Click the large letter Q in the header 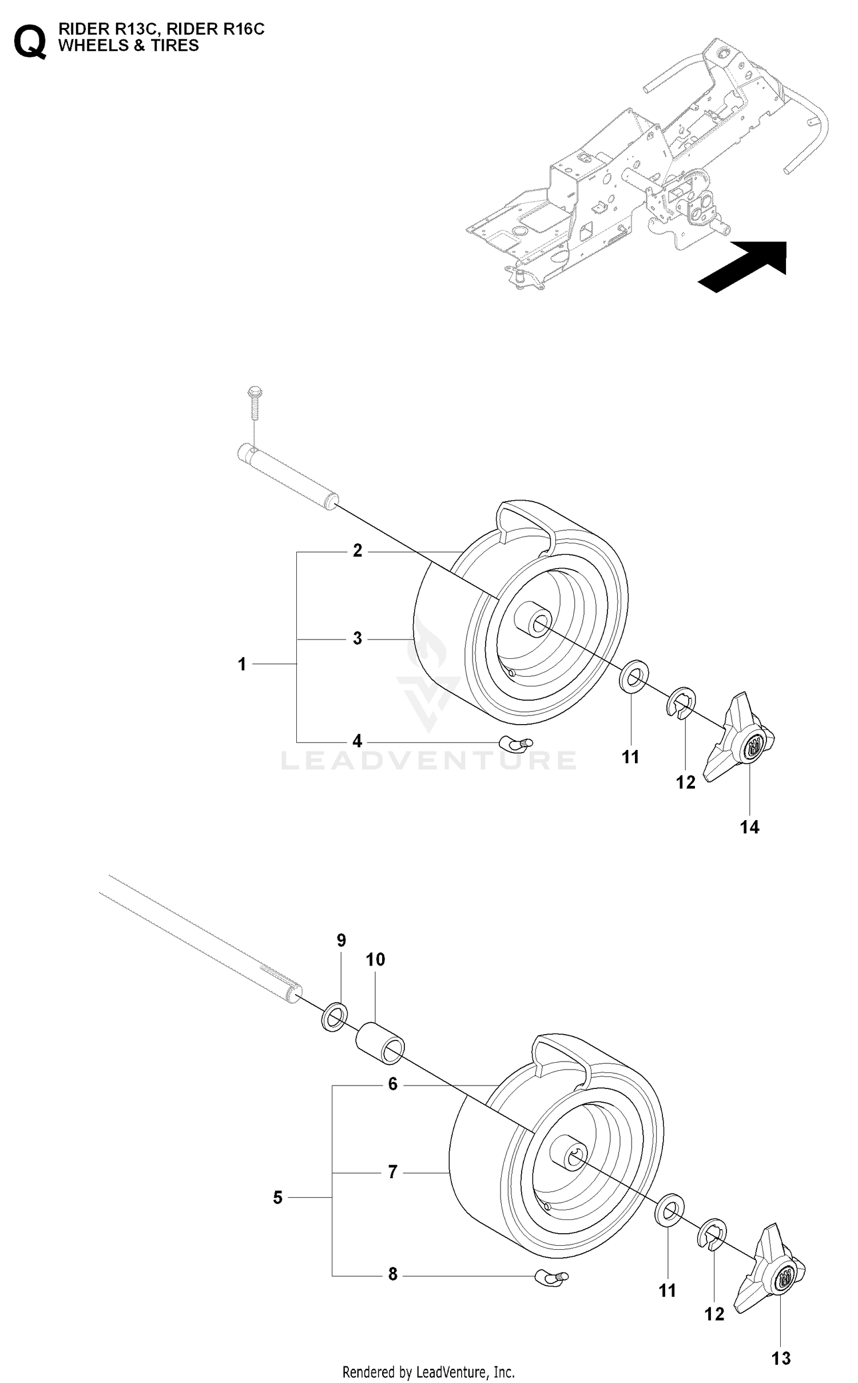tap(30, 41)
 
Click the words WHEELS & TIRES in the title tap(129, 46)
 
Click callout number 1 tap(242, 664)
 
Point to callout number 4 tap(357, 741)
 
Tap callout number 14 tap(749, 826)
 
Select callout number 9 tap(341, 940)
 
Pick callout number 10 tap(375, 959)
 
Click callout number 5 tap(278, 1197)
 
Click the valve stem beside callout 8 tap(551, 1276)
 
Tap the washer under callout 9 tap(336, 1016)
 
